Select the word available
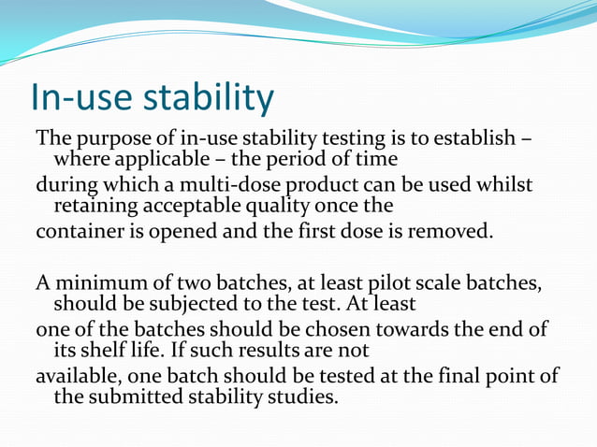click(x=75, y=377)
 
